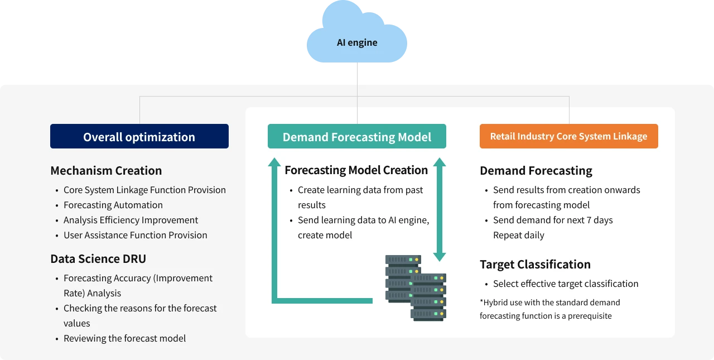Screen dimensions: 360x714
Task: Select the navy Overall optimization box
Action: pos(139,137)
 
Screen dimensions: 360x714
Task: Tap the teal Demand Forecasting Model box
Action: pos(356,137)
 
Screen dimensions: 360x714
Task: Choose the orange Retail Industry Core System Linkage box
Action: pos(568,136)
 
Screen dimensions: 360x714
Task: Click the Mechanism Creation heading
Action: pos(106,171)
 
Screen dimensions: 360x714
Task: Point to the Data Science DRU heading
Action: pos(98,259)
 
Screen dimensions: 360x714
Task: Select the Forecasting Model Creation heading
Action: pos(356,170)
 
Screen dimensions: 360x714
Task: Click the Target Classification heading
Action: pos(535,265)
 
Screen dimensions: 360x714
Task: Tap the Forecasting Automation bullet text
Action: pos(113,205)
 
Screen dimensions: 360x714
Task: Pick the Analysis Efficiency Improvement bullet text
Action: pos(131,220)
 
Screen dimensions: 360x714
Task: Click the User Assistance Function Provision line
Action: pos(136,236)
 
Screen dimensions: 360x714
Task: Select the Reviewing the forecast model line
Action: pos(124,339)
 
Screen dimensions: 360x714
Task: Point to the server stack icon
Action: pos(416,288)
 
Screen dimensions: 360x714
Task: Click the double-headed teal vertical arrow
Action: pos(440,209)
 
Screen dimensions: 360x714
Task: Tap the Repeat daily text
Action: pos(519,236)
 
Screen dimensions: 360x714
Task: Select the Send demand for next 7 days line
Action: pos(553,220)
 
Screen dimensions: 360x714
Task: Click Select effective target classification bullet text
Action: pos(566,284)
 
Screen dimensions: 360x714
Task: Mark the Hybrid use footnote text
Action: pos(549,309)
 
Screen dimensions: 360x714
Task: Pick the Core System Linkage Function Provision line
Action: pos(144,190)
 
